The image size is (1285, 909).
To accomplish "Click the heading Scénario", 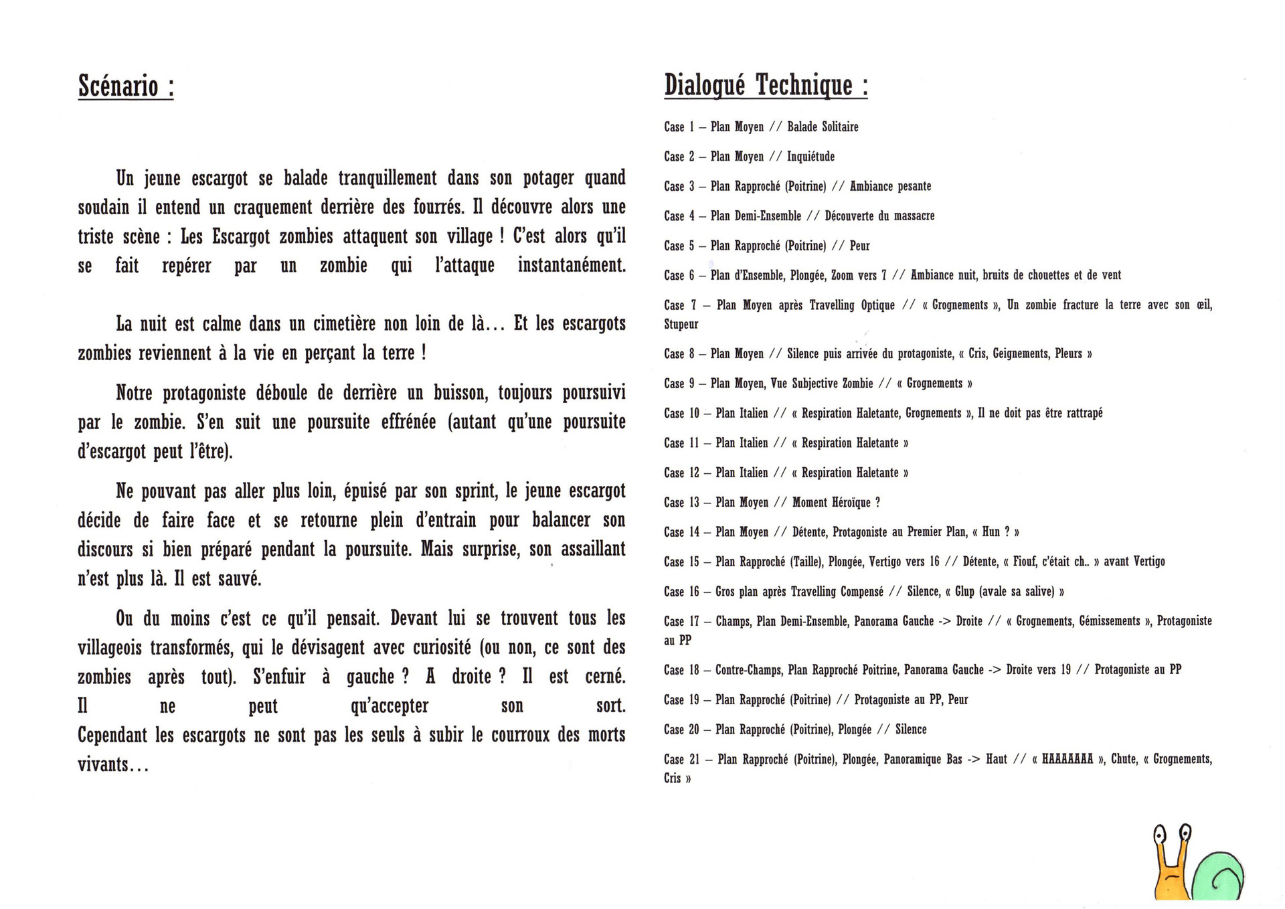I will point(126,86).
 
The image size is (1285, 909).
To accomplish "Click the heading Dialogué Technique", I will point(765,86).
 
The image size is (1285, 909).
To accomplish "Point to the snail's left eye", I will point(1159,834).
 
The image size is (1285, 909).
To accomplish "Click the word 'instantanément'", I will point(572,266).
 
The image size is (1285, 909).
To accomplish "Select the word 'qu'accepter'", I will point(390,706).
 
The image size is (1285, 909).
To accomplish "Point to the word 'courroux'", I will point(520,735).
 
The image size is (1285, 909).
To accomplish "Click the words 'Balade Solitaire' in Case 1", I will point(823,127).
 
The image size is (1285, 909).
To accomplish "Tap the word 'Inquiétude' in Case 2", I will point(810,157).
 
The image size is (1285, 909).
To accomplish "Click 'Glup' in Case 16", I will point(964,592).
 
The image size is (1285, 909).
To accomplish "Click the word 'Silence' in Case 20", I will point(911,730).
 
